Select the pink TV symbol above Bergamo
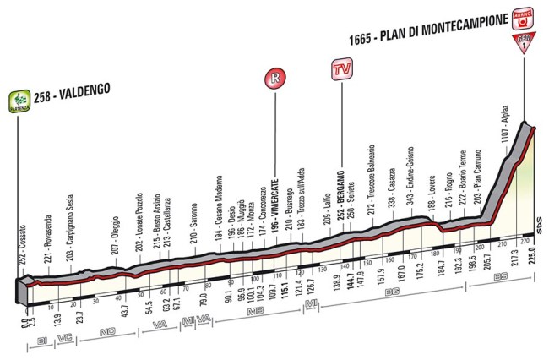point(341,69)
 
